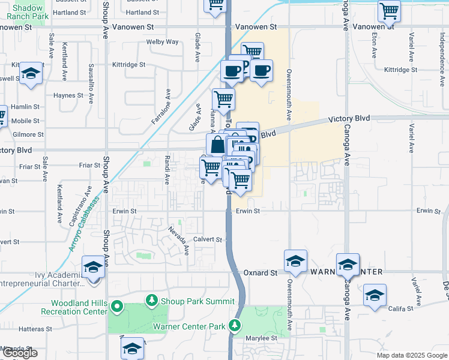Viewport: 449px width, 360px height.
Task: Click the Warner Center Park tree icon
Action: (x=235, y=326)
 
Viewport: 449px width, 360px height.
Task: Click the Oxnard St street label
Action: (x=261, y=272)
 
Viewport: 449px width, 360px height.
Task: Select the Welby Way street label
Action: (x=163, y=42)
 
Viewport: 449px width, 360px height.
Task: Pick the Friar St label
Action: (x=89, y=165)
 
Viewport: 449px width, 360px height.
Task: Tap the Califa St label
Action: (x=400, y=308)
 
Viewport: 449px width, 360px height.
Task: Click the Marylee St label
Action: (x=265, y=338)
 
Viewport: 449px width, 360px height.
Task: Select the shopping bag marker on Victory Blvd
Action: (x=217, y=144)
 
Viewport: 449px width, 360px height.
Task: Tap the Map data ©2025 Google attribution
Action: (x=411, y=355)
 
